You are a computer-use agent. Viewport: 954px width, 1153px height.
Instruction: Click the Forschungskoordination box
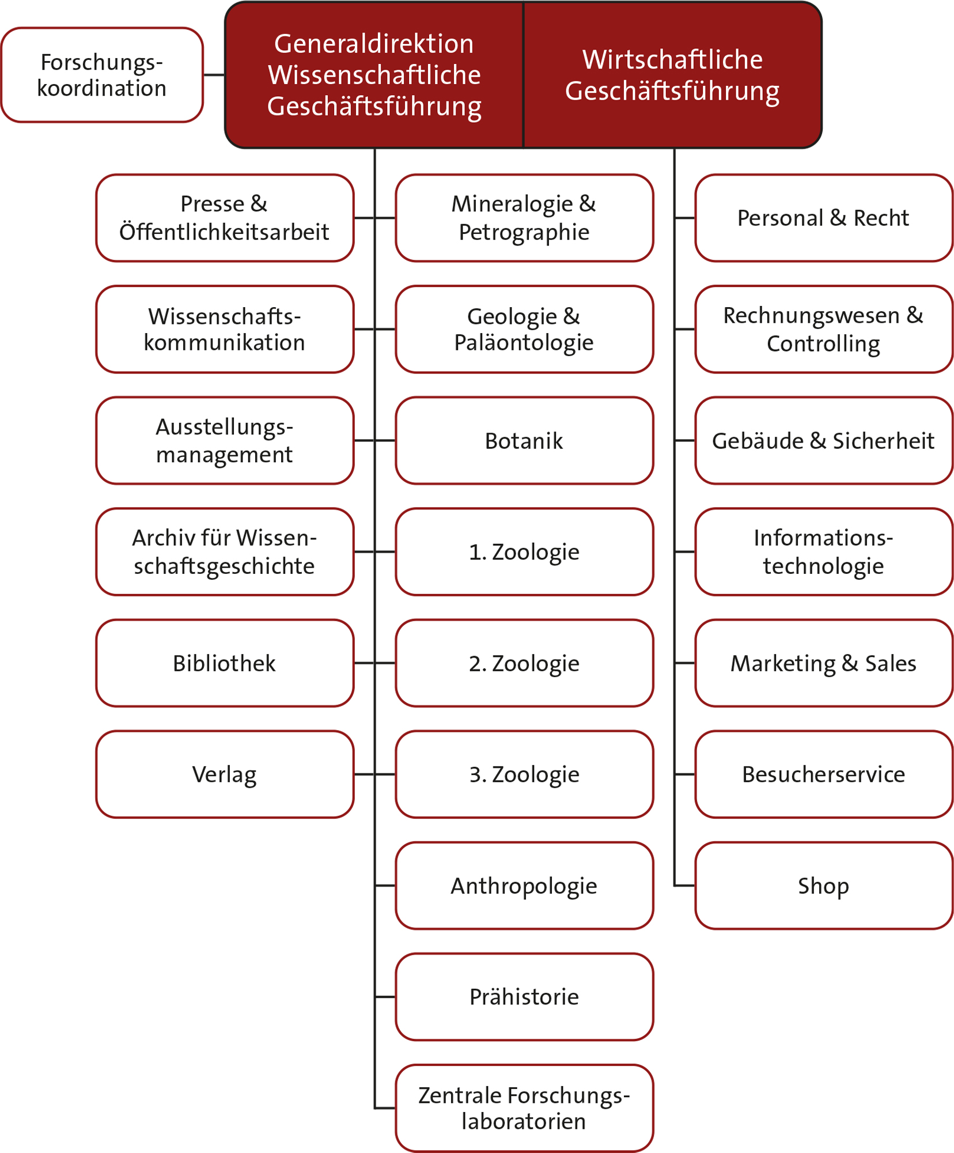click(102, 75)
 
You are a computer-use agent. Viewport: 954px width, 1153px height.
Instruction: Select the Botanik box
click(524, 441)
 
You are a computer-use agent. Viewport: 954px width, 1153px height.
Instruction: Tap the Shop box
click(823, 886)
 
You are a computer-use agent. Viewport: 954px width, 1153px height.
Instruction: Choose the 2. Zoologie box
click(524, 663)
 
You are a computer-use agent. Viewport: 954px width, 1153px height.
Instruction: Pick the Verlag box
click(224, 774)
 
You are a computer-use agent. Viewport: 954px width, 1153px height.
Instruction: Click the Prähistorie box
click(524, 997)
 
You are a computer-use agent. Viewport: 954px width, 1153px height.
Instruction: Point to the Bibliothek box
click(224, 663)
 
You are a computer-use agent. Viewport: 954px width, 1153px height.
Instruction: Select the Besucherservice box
click(823, 774)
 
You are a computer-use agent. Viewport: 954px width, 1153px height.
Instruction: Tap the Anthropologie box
click(524, 886)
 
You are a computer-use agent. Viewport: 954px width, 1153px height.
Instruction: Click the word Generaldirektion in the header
click(374, 44)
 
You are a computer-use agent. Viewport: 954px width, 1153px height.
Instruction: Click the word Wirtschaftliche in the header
click(672, 59)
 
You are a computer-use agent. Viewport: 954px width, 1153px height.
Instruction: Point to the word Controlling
click(823, 344)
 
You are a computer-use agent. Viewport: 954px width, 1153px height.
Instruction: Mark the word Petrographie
click(524, 232)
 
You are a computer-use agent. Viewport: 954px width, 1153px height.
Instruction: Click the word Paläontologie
click(524, 343)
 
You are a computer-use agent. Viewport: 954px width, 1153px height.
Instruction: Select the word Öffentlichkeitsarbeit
click(224, 232)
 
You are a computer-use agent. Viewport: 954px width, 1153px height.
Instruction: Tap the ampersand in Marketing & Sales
click(850, 663)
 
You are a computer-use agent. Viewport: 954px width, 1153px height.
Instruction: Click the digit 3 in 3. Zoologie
click(476, 775)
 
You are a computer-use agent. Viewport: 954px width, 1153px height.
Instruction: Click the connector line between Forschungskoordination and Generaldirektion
click(214, 75)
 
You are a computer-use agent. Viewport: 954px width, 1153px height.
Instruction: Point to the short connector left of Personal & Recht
click(685, 218)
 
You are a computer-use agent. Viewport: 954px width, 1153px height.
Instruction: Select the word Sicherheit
click(883, 441)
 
